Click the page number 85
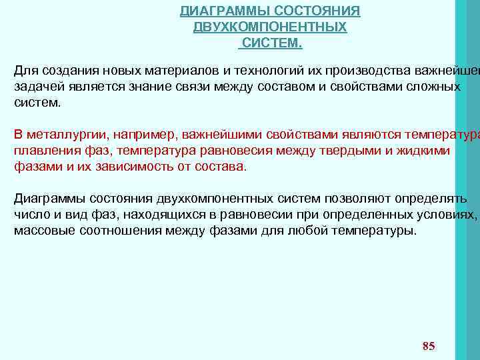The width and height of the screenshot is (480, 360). pyautogui.click(x=429, y=345)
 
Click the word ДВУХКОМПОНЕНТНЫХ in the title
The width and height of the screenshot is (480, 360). pyautogui.click(x=269, y=27)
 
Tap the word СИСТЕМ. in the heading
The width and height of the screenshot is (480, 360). pyautogui.click(x=270, y=43)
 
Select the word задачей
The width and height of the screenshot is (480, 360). pyautogui.click(x=37, y=87)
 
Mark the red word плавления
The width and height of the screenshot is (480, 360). pyautogui.click(x=43, y=151)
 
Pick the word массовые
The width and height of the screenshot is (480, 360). pyautogui.click(x=41, y=231)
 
